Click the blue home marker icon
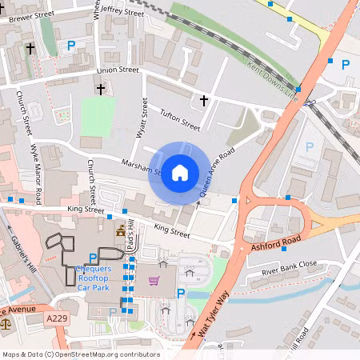coord(180,172)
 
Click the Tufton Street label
coord(179,119)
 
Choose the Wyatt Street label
coord(142,118)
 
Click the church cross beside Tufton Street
coord(203,101)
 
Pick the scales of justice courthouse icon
coord(6,324)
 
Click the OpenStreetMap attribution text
coord(80,354)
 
